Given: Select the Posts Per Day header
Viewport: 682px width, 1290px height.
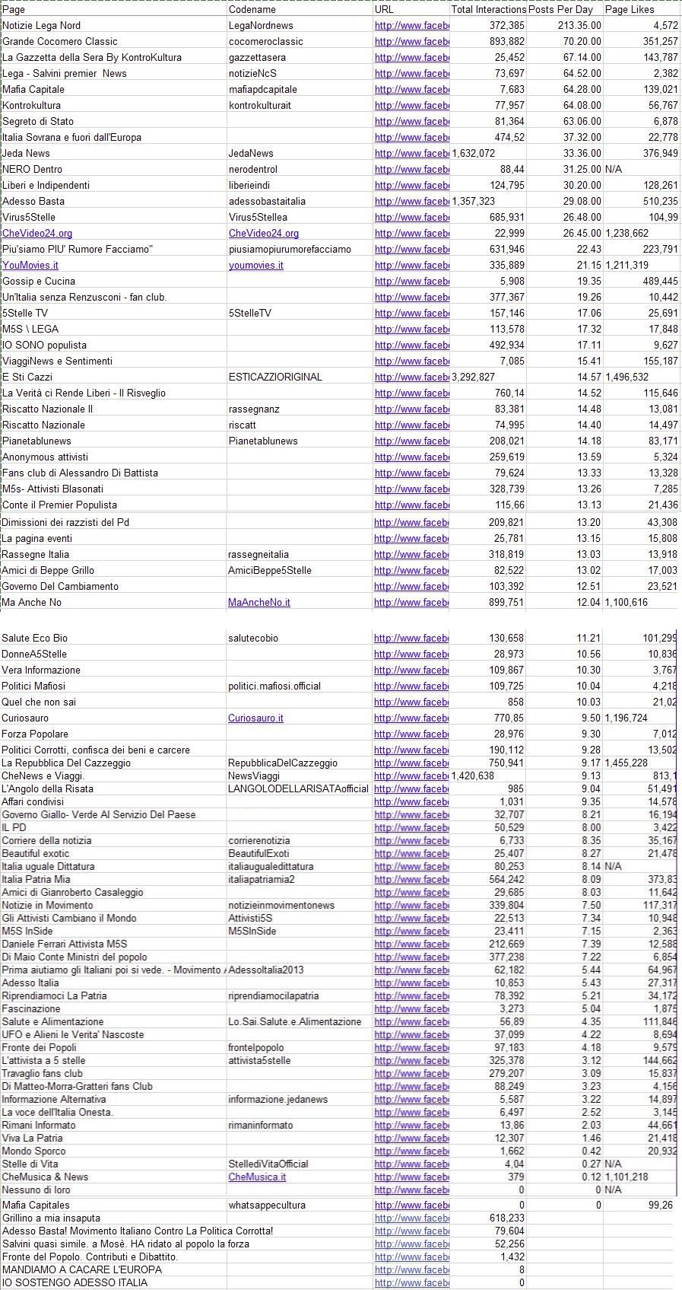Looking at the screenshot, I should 560,10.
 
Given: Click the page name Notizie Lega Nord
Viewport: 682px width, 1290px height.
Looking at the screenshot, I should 41,26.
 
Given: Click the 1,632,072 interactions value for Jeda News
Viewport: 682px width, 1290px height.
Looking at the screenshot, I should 474,154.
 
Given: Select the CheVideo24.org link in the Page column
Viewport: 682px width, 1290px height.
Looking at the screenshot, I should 37,234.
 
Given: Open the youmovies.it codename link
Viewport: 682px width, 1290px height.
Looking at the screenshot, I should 256,266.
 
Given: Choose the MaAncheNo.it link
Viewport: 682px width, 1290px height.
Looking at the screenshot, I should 259,603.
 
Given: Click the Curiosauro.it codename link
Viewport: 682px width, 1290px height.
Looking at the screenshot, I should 255,718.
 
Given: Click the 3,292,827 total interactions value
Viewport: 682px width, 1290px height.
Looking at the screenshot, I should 474,377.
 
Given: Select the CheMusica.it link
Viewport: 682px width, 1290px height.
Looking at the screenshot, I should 257,1177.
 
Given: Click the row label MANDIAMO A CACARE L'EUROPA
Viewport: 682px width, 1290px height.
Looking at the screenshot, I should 82,1270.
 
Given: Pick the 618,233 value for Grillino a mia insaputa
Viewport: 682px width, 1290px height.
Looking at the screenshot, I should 507,1218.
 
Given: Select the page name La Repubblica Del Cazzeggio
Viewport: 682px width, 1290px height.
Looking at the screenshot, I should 66,763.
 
